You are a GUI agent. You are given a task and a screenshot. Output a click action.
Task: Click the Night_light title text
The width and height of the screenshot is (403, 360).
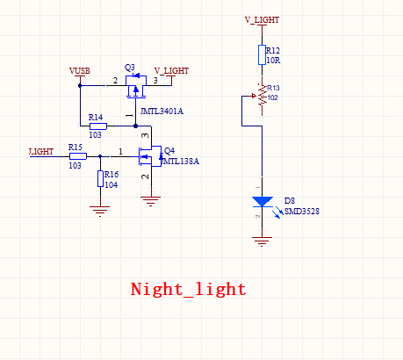tap(188, 290)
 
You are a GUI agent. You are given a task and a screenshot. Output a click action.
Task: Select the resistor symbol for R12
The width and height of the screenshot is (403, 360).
tap(262, 54)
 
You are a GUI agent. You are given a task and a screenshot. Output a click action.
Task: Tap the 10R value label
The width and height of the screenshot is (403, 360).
tap(273, 61)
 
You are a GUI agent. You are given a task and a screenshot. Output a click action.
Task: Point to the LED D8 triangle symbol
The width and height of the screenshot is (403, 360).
tap(263, 202)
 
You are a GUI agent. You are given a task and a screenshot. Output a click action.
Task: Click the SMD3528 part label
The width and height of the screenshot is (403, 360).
tap(302, 211)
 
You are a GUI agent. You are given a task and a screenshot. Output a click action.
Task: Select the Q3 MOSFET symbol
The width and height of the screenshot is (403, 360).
tap(136, 86)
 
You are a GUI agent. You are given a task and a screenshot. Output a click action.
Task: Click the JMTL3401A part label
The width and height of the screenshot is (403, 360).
tap(162, 112)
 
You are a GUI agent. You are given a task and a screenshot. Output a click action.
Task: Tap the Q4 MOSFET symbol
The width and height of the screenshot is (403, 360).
tap(150, 156)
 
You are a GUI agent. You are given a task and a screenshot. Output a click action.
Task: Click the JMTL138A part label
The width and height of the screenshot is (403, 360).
tap(181, 161)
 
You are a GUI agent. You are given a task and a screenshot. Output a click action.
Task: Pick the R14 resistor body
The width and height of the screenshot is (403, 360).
tap(98, 126)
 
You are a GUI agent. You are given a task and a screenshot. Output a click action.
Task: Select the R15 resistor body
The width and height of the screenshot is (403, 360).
tap(78, 156)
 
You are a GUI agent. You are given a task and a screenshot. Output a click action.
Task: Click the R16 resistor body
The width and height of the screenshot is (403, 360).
tap(100, 179)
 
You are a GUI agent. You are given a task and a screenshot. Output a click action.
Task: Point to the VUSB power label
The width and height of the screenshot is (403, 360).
tap(80, 71)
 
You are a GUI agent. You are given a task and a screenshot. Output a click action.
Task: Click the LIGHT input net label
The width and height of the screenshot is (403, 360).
tap(41, 152)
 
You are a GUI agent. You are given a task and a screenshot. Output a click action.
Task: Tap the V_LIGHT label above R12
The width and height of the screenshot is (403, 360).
tap(262, 20)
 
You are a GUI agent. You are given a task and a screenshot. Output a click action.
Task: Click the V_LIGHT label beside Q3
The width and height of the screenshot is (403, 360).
tap(171, 71)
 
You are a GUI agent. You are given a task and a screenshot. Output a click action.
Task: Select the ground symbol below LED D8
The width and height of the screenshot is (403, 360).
tap(262, 241)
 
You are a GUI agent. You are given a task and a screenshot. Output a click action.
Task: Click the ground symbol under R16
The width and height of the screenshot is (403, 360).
tap(100, 211)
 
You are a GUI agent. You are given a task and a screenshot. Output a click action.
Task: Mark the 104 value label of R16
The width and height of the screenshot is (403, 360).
tap(112, 185)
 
